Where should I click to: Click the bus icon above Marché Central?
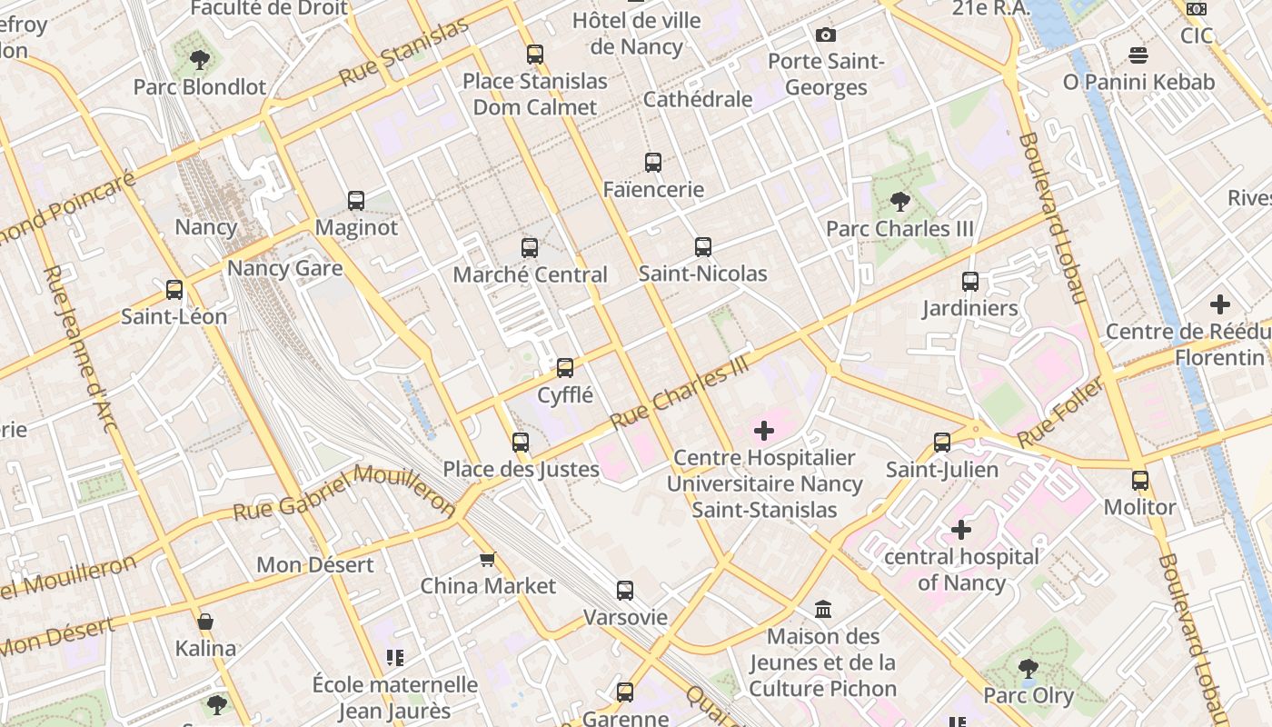click(x=529, y=247)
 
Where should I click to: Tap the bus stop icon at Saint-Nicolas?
click(x=702, y=246)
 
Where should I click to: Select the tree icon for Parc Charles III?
click(x=899, y=202)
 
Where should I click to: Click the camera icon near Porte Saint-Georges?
click(x=825, y=35)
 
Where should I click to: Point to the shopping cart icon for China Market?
click(x=488, y=559)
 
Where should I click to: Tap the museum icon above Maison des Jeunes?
click(x=823, y=608)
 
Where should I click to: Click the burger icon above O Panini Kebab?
click(x=1138, y=55)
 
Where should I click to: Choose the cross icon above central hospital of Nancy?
click(x=960, y=529)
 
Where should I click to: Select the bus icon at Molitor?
click(x=1139, y=480)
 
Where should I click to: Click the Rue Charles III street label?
click(x=682, y=392)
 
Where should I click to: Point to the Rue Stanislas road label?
click(x=404, y=51)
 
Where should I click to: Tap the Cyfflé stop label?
click(x=565, y=395)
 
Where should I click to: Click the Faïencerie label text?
click(x=653, y=190)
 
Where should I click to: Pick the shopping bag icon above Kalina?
click(x=205, y=622)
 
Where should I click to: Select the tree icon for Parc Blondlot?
click(x=199, y=60)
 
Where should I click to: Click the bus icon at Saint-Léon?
click(x=174, y=290)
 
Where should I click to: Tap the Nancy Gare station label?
click(x=284, y=268)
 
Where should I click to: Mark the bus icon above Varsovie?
click(x=624, y=591)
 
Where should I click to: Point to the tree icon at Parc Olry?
click(x=1028, y=669)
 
